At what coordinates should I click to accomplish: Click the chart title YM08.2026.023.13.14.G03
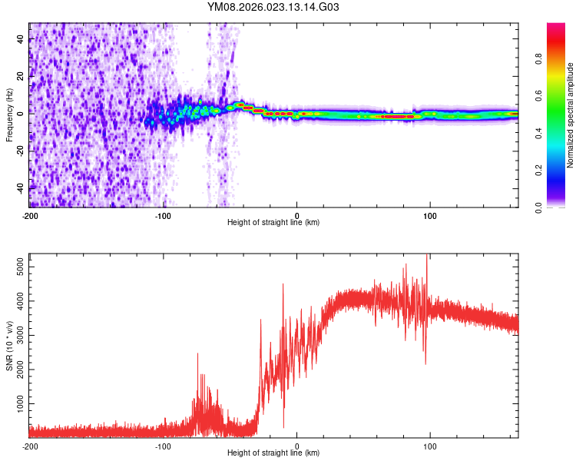[273, 7]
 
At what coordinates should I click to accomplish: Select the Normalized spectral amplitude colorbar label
[570, 115]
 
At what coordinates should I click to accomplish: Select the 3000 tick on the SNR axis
[16, 335]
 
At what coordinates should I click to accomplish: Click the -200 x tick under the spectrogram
[29, 215]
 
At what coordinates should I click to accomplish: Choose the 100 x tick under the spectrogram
[430, 215]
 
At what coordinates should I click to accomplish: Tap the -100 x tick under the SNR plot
[163, 446]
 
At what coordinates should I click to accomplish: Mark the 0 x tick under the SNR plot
[297, 446]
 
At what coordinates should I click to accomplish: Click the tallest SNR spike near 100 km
[426, 257]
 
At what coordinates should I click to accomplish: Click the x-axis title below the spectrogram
[273, 223]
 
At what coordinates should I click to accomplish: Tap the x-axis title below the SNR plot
[273, 453]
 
